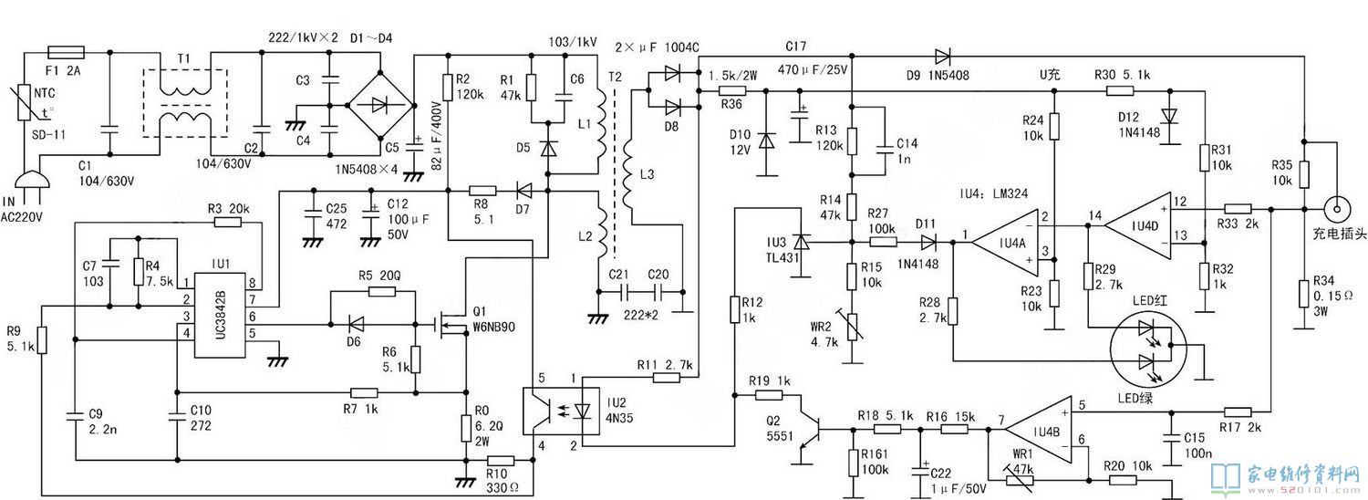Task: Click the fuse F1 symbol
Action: [66, 53]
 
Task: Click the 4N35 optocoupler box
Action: [561, 411]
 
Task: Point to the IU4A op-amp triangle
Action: [1005, 243]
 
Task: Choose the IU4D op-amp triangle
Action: [1138, 226]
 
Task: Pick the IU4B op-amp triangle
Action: [1039, 431]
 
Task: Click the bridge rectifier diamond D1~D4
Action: [379, 105]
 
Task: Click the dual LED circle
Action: [1148, 346]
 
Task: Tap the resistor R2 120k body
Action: [449, 87]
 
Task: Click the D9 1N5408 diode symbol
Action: [942, 57]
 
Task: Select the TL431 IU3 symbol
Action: [801, 243]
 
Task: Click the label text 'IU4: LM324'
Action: [994, 193]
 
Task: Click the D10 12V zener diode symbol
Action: [766, 141]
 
